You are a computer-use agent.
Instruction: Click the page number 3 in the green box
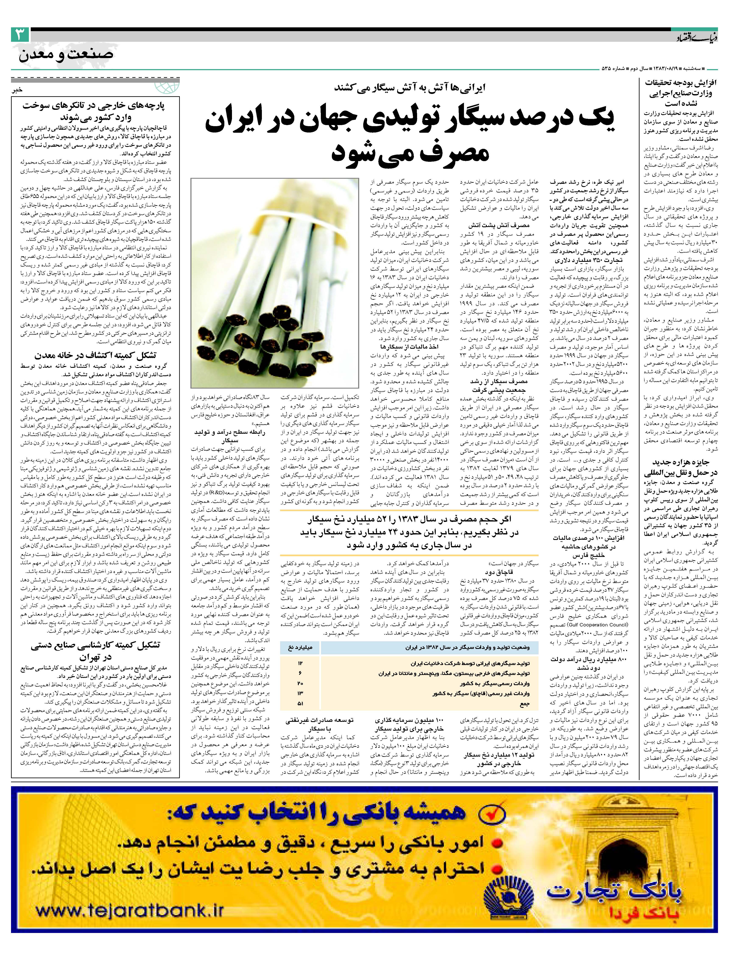(x=20, y=35)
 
